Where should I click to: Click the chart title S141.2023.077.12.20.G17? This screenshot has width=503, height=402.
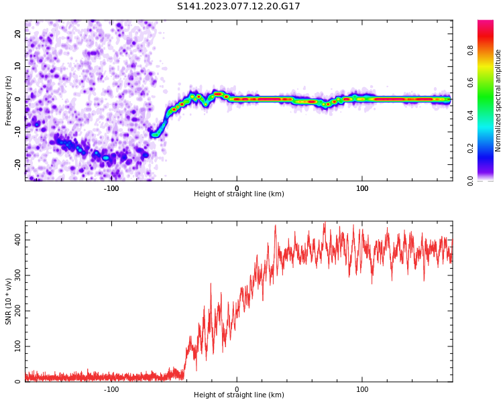pos(239,7)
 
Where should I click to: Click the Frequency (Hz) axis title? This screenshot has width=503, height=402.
pos(9,100)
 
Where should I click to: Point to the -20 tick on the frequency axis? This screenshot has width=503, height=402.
pos(17,163)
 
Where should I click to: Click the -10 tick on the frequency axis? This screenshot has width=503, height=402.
pos(17,131)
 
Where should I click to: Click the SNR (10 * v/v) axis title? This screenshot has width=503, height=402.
pos(9,301)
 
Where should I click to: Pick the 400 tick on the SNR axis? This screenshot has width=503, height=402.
pos(15,240)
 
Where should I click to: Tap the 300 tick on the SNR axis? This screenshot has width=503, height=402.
pos(15,275)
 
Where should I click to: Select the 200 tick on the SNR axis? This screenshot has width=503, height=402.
pos(15,311)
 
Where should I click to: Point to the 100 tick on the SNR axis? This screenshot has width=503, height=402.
pos(15,346)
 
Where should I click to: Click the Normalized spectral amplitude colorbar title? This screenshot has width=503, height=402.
pos(498,100)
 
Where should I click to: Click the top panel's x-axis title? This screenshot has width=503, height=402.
pos(239,194)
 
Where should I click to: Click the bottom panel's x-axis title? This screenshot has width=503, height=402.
pos(239,395)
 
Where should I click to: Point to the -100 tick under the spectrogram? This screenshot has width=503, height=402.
pos(111,188)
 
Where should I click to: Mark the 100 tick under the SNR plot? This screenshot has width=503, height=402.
pos(362,389)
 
